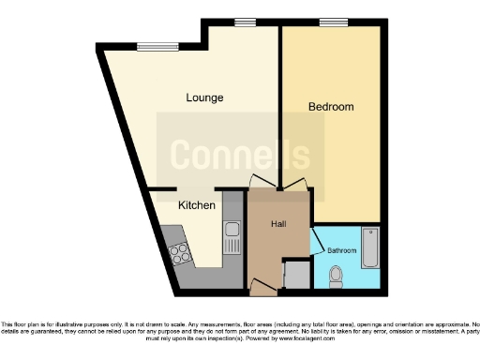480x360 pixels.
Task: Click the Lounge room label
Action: click(204, 97)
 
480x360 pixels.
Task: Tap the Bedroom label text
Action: click(331, 107)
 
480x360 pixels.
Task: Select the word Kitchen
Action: click(197, 204)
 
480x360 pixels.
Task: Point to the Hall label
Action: click(278, 224)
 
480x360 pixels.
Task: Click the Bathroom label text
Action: click(341, 250)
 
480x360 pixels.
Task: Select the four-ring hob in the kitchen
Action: click(178, 251)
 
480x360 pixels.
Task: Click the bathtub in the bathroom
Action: click(371, 247)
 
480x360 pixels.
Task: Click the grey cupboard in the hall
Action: click(296, 275)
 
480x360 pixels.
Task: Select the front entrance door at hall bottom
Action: click(262, 286)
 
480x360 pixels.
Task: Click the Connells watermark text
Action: click(240, 153)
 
